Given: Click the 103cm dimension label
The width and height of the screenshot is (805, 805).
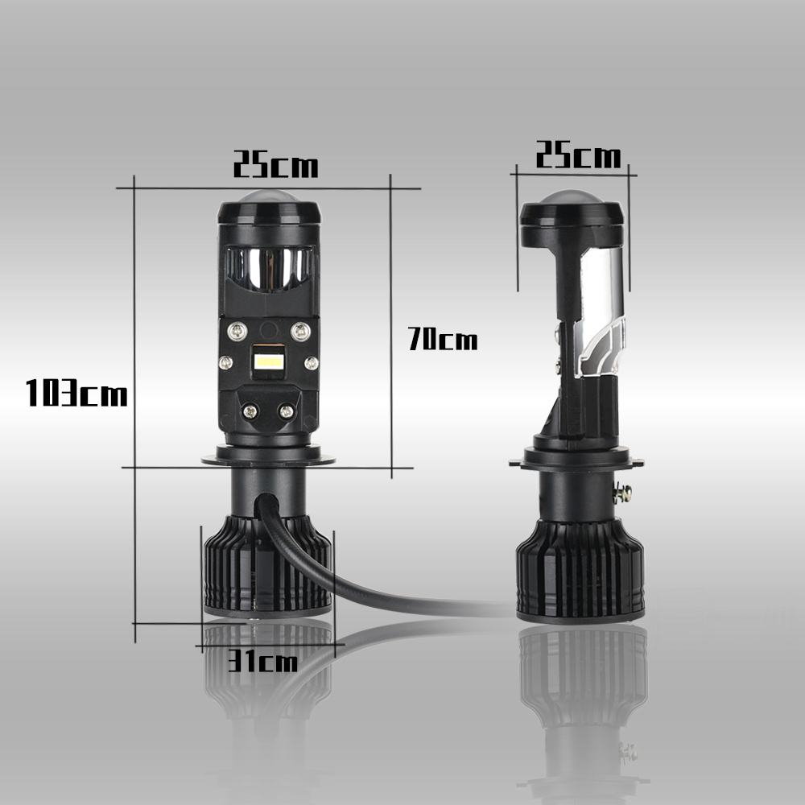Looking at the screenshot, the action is (x=76, y=393).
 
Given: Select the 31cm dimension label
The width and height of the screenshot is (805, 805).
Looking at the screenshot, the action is (x=262, y=660).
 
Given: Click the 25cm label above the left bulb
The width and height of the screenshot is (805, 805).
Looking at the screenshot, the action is (x=275, y=164).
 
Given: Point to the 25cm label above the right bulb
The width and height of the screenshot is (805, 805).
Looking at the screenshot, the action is (x=578, y=155).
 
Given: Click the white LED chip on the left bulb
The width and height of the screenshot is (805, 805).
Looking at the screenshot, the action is (x=269, y=361).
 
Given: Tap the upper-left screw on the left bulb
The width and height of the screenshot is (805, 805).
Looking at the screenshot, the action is (x=237, y=331).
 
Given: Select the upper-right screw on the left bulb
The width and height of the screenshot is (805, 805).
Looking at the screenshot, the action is (x=300, y=331).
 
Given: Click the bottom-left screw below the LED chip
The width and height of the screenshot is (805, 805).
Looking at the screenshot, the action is (x=250, y=411).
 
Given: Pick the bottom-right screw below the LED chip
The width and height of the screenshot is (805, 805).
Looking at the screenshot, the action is (x=286, y=411).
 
